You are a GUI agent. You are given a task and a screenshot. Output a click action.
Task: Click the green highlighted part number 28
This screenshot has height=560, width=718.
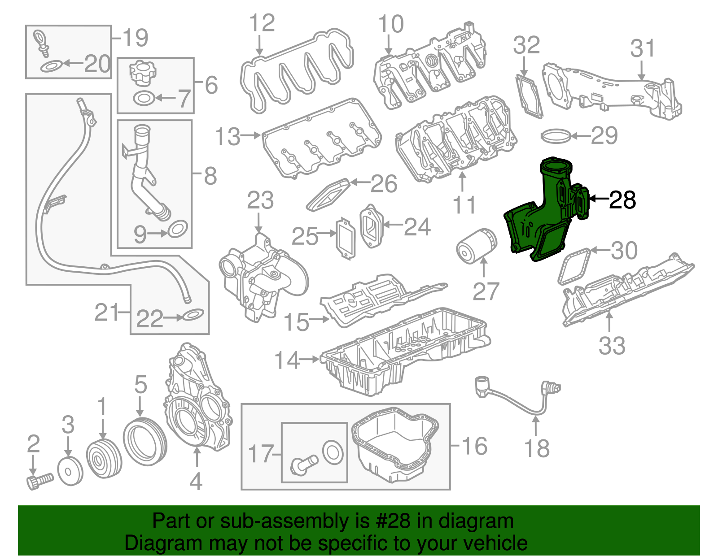545,211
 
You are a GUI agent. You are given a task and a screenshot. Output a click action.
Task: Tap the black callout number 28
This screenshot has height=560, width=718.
622,200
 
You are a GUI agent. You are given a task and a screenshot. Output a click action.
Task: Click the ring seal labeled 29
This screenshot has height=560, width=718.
556,135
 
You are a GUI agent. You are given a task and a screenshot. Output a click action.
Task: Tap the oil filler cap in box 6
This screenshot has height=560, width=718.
142,74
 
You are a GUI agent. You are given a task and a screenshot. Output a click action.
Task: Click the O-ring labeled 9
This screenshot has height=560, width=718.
178,230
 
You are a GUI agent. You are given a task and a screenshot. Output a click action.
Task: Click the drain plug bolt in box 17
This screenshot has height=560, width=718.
303,464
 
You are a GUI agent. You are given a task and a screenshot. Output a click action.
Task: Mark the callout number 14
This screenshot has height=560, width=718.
287,360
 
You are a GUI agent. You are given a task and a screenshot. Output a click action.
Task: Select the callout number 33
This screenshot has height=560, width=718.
612,346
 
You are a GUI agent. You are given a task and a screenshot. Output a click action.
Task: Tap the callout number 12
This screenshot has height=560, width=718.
262,23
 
